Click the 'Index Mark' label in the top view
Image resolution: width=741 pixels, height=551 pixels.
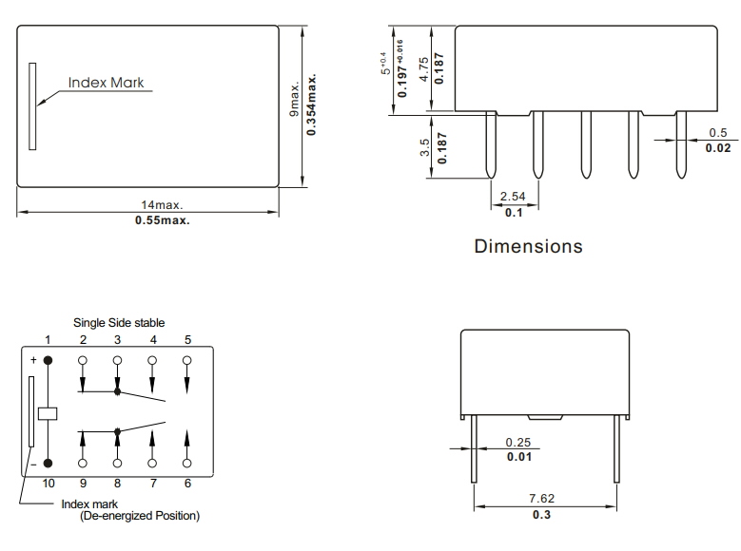(106, 83)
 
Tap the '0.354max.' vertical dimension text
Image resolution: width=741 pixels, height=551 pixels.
(312, 104)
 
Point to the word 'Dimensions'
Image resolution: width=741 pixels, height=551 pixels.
(528, 247)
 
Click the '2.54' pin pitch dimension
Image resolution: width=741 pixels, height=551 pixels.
(514, 197)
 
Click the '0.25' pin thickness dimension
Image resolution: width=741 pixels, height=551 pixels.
(518, 442)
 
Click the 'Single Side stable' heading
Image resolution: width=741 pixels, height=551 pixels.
(119, 323)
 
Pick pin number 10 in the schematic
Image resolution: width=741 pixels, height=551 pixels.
(47, 484)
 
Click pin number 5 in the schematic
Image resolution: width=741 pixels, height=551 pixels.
(187, 339)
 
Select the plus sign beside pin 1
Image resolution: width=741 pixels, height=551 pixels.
(32, 361)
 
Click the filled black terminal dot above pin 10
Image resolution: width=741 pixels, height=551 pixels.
(48, 464)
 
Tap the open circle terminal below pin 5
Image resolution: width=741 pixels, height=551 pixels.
(187, 360)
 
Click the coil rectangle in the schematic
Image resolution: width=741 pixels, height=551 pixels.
(48, 412)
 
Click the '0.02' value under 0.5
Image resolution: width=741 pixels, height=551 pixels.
(718, 148)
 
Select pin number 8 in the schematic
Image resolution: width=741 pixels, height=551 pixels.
(118, 484)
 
